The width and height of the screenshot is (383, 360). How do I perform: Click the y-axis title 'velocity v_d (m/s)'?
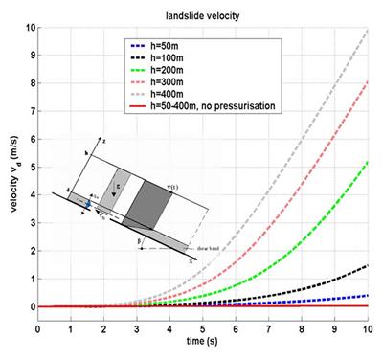pos(11,171)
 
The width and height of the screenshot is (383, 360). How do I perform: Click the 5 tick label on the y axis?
pos(29,167)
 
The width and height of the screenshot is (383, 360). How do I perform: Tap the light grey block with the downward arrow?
pos(123,191)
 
